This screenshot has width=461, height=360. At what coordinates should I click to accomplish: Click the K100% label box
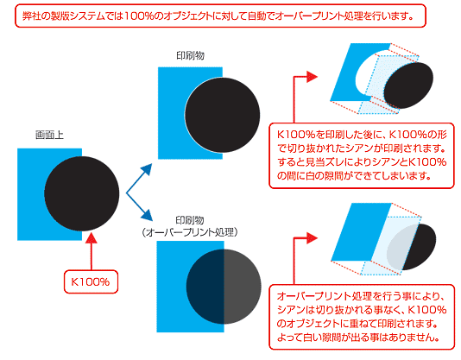click(91, 281)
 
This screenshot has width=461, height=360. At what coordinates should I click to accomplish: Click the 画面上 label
click(49, 135)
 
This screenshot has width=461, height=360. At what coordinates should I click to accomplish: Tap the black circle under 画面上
click(82, 194)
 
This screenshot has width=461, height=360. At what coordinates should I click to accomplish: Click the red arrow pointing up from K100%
click(92, 251)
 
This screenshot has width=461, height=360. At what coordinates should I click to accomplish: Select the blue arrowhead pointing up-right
click(147, 170)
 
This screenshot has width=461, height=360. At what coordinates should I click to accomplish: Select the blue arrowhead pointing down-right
click(147, 215)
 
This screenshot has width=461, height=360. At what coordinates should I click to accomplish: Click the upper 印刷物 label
click(190, 55)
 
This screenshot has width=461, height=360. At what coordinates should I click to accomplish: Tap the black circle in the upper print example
click(223, 115)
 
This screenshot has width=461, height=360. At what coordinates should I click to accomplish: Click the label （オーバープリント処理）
click(190, 232)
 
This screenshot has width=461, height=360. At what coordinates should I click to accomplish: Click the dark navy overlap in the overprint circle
click(205, 287)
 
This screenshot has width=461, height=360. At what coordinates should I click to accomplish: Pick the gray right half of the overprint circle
click(242, 287)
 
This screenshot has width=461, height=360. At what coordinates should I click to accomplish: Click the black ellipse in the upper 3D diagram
click(408, 85)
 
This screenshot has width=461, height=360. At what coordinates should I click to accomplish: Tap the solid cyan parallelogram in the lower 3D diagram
click(362, 231)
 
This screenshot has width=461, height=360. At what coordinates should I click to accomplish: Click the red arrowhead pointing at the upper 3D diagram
click(312, 77)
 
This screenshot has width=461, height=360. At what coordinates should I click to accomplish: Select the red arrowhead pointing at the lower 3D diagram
click(312, 238)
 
